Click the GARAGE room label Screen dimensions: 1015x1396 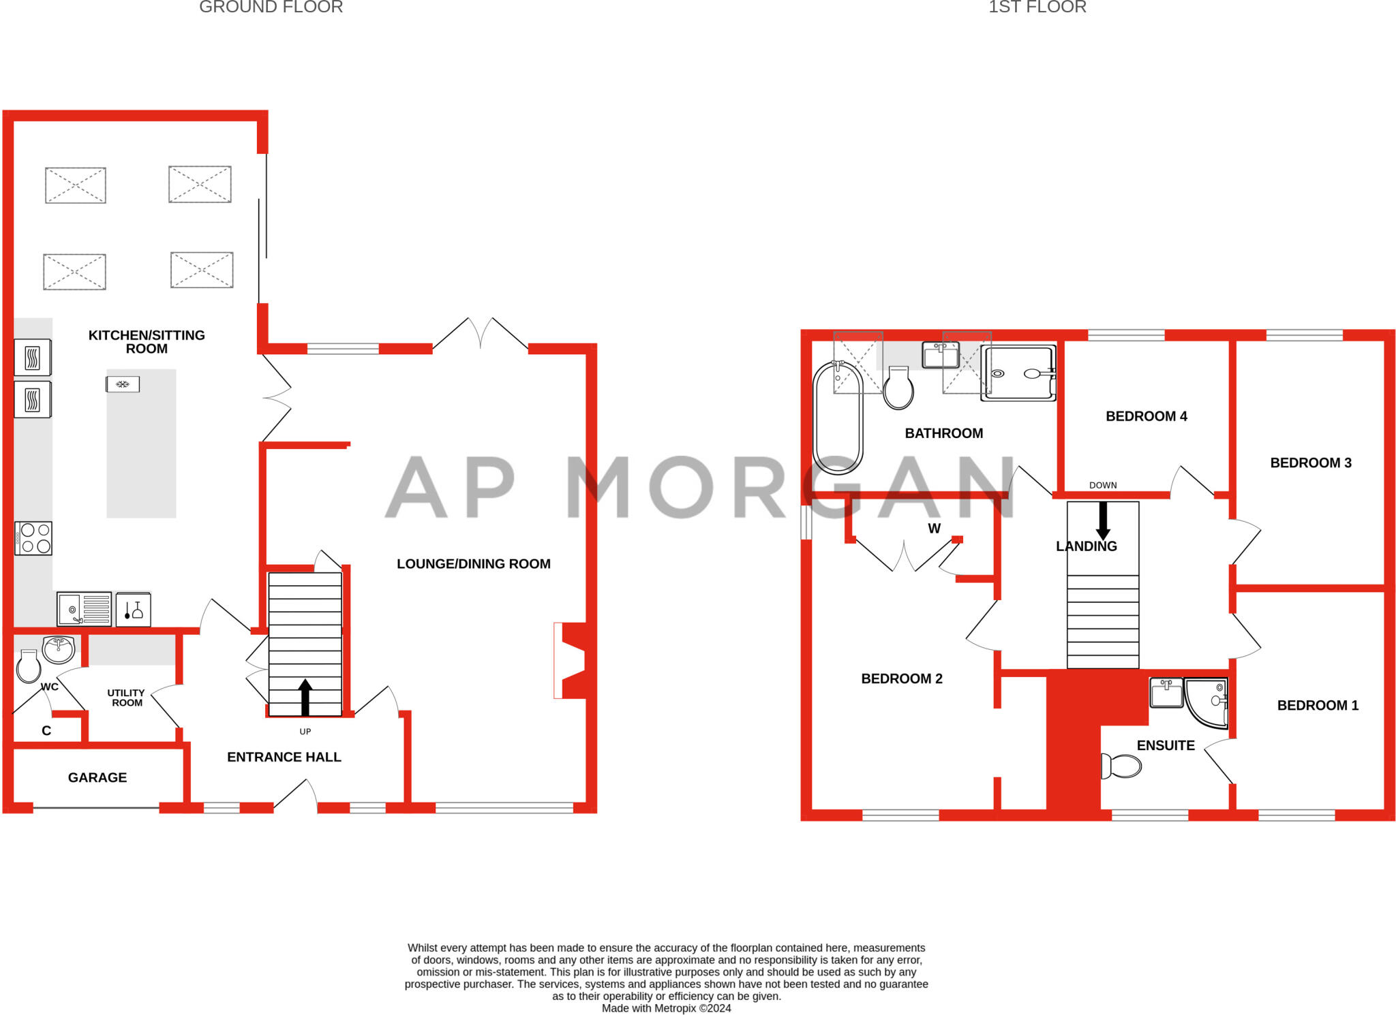[97, 777]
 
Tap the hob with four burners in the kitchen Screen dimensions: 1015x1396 [33, 538]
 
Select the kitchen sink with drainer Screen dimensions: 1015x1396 [84, 609]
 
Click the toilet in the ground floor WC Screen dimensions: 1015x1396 [29, 667]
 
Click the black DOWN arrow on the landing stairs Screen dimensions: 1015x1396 [1102, 521]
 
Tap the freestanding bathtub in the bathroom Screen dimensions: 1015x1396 [838, 418]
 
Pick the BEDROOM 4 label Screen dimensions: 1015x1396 [1146, 416]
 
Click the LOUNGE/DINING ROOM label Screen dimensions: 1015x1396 [473, 564]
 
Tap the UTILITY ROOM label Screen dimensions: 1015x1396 [127, 698]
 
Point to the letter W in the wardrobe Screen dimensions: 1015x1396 [934, 529]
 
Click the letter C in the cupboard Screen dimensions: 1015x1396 [46, 731]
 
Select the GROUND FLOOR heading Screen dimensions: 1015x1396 [271, 7]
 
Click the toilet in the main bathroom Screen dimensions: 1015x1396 [898, 388]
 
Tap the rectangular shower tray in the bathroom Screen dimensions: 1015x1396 [1018, 373]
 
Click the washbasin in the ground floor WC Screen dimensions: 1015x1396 [59, 649]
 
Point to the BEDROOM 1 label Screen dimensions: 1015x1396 [1317, 706]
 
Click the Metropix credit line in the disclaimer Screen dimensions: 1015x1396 [666, 1008]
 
